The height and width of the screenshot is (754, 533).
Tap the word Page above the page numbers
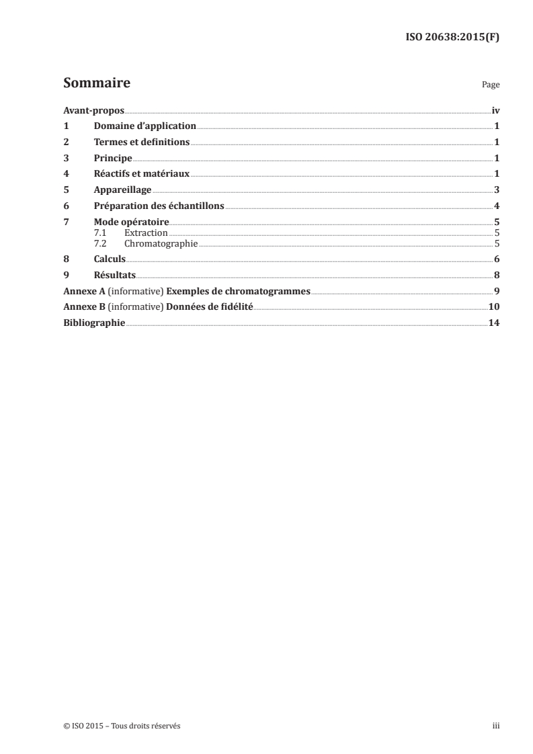point(491,85)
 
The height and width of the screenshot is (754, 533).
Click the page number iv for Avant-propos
point(495,110)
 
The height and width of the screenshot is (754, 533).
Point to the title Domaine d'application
point(145,126)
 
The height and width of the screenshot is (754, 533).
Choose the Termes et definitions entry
point(142,142)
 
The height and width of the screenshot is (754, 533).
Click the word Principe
point(113,158)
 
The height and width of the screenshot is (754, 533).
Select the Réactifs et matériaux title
point(142,174)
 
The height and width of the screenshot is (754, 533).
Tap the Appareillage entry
point(122,190)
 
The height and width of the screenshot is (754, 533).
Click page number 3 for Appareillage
point(496,190)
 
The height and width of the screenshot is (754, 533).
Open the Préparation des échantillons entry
point(159,206)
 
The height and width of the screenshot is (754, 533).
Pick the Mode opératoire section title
point(131,222)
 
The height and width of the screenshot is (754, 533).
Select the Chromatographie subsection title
point(161,243)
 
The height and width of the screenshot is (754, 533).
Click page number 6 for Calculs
point(496,259)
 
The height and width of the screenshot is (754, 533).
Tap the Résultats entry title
point(115,276)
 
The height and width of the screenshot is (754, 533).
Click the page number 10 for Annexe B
point(494,307)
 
